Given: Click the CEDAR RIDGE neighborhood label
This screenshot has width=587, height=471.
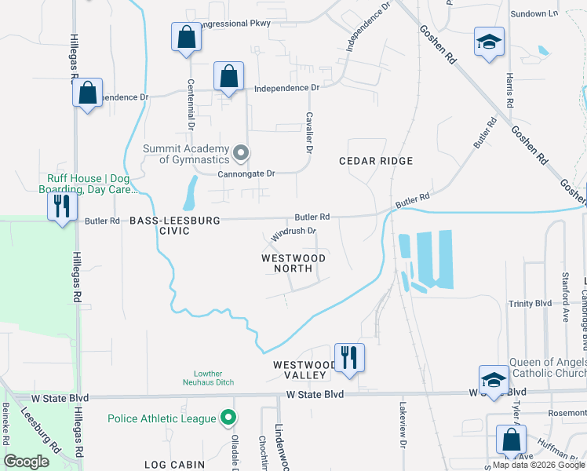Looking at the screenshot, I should (375, 161).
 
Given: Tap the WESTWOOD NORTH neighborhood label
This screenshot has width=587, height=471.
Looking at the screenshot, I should (293, 263).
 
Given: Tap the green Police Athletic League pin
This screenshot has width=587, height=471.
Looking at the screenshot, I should (228, 417).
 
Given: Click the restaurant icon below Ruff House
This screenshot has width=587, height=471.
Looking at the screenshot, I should (60, 206).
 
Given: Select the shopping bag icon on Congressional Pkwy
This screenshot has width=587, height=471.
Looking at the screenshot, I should (185, 38).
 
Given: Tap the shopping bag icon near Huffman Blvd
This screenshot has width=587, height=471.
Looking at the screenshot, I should (511, 440).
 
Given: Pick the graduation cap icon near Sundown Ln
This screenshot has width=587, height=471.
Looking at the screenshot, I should (488, 42).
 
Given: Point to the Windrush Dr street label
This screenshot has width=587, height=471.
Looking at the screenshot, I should (293, 232).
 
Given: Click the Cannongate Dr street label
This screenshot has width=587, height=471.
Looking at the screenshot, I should (246, 173).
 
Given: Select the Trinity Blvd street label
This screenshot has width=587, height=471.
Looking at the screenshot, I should (530, 304).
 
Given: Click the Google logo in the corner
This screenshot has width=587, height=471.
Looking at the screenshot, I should (27, 462).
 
